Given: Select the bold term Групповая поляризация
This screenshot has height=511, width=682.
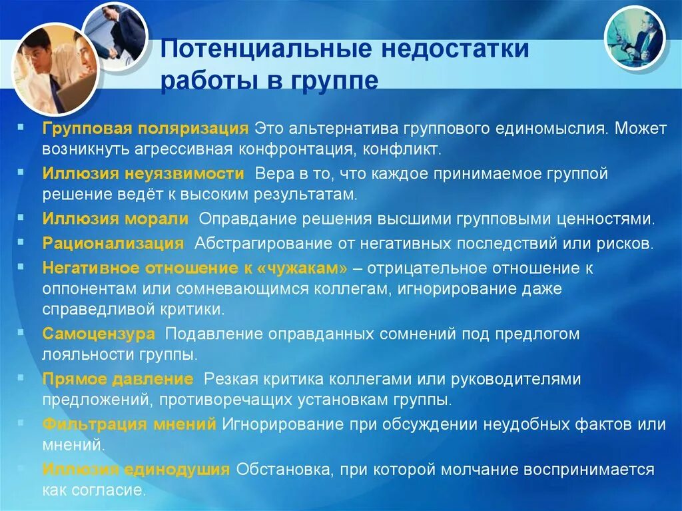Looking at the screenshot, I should [145, 127].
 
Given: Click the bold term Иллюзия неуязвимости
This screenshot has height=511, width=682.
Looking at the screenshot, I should [143, 175].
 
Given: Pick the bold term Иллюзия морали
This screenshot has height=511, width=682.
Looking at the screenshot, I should [116, 219].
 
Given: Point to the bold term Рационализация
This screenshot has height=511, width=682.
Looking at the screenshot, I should [113, 243].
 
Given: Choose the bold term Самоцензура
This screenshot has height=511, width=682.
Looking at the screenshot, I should [99, 333].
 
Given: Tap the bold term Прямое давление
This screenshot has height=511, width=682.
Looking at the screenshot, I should [118, 379].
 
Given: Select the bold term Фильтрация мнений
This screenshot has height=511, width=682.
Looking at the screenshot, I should [129, 424].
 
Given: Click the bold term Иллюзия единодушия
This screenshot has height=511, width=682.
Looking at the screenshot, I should [136, 469].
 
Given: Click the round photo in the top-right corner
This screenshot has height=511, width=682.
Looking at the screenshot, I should [634, 37].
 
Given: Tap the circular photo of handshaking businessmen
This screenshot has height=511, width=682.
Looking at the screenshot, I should [115, 33].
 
